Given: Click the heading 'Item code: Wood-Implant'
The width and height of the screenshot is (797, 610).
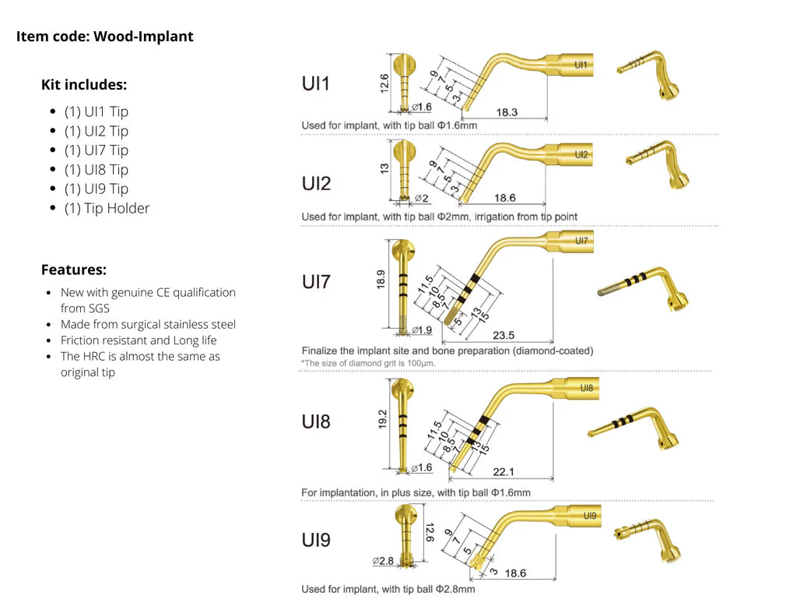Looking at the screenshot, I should click(105, 37).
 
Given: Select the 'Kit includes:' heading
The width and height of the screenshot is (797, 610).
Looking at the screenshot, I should click(84, 85).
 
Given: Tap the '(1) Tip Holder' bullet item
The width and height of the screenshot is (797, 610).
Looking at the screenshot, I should click(107, 208).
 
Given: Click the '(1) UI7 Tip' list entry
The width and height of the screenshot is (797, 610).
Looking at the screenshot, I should click(97, 150).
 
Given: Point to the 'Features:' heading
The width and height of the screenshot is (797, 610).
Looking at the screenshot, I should click(74, 270).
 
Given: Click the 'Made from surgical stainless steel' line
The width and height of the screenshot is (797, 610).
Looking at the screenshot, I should click(148, 324).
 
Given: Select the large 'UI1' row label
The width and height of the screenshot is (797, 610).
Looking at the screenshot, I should click(316, 83).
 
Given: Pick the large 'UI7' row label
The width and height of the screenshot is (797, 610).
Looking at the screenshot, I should click(316, 281).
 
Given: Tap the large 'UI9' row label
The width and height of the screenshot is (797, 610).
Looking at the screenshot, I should click(316, 539).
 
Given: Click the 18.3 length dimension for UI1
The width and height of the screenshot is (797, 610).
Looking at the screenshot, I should click(506, 113).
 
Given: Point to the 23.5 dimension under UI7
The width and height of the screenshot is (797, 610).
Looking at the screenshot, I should click(504, 335).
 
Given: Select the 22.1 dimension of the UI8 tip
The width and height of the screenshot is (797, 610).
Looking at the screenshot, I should click(504, 472).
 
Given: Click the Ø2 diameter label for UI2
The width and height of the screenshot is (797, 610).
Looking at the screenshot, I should click(421, 199).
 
